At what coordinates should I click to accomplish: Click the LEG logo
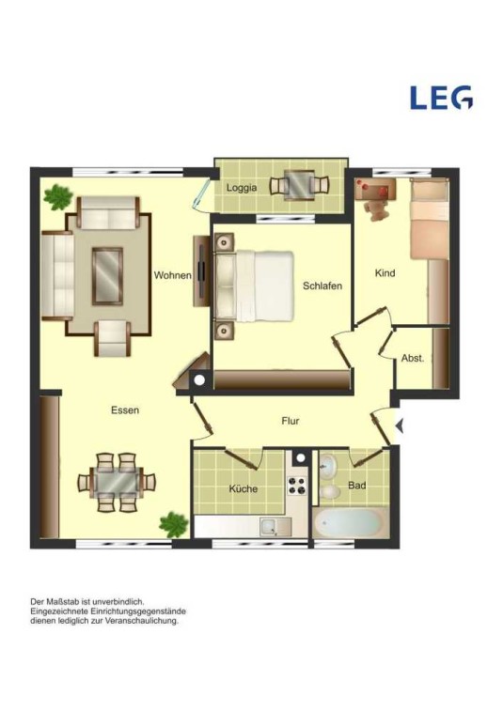coord(441,98)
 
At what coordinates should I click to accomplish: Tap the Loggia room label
coord(242,187)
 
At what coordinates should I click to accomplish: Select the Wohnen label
coord(172,275)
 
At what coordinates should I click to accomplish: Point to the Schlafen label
coord(322,286)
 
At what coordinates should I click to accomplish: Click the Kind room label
coord(385,273)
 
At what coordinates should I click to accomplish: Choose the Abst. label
coord(413,358)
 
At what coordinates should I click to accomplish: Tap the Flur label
coord(291,421)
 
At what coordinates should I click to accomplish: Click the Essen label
coord(125,410)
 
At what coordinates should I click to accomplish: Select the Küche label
coord(243,488)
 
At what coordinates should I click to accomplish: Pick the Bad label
coord(357,486)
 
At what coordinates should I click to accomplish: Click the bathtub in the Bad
coord(351,523)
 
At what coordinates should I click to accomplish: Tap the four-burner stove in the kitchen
coord(297,486)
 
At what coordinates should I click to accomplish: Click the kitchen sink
coord(275,527)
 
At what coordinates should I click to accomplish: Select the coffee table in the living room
coord(107,276)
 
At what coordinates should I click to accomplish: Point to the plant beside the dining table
coord(173,524)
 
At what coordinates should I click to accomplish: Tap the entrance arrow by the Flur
coord(400,425)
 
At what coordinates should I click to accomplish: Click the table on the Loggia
coord(299,184)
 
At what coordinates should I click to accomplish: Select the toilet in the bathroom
coord(330,492)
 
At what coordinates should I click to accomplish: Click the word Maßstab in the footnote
coord(63,602)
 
